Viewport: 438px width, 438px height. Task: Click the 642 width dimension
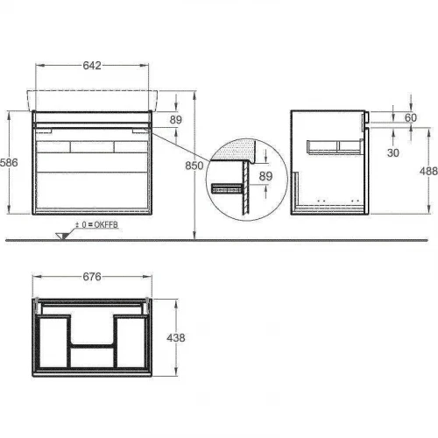(92, 66)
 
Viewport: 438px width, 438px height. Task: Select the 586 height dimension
(9, 162)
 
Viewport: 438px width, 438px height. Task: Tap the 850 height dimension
(194, 166)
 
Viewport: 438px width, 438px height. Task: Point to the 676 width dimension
(92, 277)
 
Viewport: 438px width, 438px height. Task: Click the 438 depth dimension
(176, 338)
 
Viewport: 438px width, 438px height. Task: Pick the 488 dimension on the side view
(428, 171)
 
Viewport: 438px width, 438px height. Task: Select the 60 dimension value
(411, 117)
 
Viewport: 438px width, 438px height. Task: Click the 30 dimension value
(393, 152)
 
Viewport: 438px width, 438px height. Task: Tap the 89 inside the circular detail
(265, 176)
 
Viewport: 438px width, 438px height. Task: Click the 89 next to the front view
(176, 120)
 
